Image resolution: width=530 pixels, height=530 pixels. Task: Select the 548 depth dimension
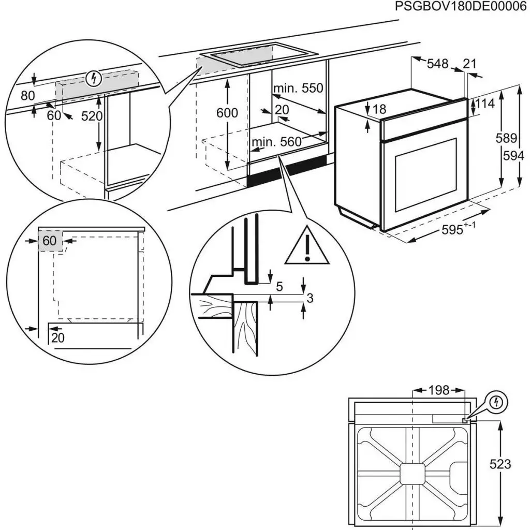click(x=438, y=64)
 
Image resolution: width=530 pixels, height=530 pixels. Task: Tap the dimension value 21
click(x=469, y=64)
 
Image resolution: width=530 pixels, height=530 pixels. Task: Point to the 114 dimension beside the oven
click(x=485, y=104)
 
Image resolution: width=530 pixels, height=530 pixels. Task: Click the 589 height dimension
click(x=507, y=138)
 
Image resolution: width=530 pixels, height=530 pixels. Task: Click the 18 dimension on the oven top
click(x=379, y=109)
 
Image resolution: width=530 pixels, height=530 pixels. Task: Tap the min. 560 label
click(x=276, y=142)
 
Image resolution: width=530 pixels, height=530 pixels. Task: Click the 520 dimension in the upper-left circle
click(x=92, y=116)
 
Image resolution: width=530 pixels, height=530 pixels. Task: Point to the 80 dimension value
click(x=27, y=96)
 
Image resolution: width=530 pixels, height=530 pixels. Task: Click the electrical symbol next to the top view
click(x=498, y=402)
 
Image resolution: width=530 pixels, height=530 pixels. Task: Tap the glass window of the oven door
click(x=426, y=174)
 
